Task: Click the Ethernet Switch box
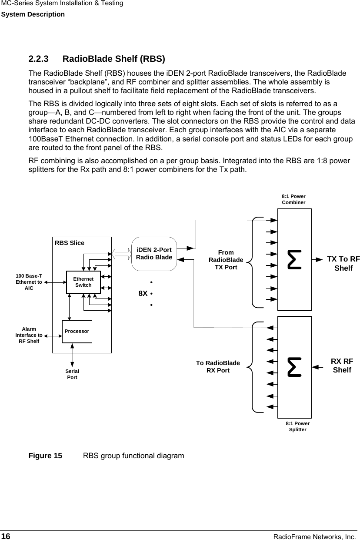click(83, 282)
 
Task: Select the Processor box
click(77, 331)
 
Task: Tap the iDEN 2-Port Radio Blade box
click(154, 253)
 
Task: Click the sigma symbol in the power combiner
click(294, 259)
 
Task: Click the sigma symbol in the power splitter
click(294, 367)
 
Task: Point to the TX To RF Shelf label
click(343, 264)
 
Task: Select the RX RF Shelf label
click(342, 366)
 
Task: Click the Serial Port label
click(72, 374)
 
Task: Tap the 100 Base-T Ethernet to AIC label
click(29, 282)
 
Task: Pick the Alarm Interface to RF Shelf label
click(29, 335)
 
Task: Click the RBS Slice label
click(70, 243)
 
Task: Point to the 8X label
click(143, 293)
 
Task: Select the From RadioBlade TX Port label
click(226, 260)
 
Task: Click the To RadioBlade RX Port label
click(218, 366)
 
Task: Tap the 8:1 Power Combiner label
click(293, 199)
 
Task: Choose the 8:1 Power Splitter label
click(298, 426)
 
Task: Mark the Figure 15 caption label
click(45, 456)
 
